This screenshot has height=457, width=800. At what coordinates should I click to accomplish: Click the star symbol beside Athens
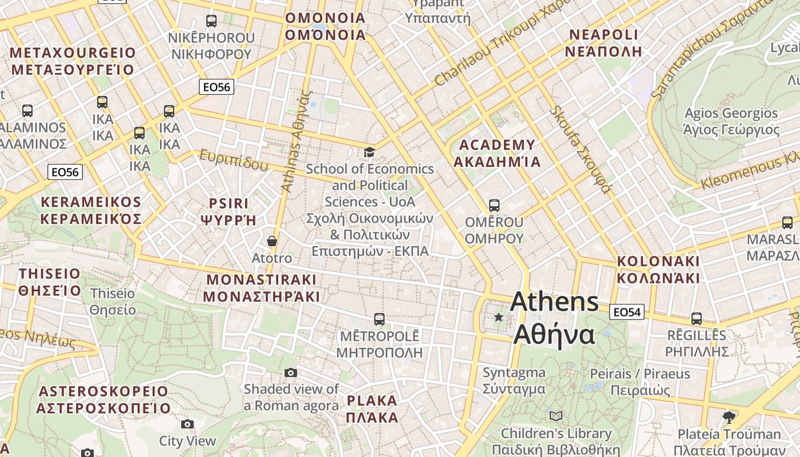tap(499, 317)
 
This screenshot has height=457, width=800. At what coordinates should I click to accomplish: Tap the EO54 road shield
tap(627, 312)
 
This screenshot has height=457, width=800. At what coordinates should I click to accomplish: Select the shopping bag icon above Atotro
tap(272, 241)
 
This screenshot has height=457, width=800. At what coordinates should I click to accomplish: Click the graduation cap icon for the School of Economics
tap(370, 152)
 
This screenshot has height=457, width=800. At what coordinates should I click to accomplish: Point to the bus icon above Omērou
tap(494, 205)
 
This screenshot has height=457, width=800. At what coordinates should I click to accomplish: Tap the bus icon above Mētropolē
tap(379, 319)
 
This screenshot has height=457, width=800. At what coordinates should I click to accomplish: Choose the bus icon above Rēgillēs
tap(696, 319)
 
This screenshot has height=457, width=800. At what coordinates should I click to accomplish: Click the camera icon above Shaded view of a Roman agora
tap(291, 373)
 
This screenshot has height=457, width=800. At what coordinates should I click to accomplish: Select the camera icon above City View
tap(187, 424)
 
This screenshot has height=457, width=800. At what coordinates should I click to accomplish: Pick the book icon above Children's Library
tap(555, 416)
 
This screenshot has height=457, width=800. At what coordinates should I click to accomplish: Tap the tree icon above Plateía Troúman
tap(729, 417)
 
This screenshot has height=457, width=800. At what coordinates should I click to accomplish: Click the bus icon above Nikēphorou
tap(211, 21)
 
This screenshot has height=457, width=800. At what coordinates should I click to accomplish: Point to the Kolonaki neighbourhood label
tap(658, 270)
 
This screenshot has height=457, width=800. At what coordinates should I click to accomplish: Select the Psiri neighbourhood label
tap(229, 212)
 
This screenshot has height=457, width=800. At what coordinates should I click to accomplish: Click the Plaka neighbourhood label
tap(372, 408)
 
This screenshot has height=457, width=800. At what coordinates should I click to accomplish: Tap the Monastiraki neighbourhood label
tap(262, 288)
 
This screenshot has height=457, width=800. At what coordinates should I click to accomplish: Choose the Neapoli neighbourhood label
tap(603, 43)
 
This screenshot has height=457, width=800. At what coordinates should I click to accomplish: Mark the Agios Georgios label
tap(731, 121)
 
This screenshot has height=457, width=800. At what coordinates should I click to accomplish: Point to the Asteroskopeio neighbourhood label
tap(103, 400)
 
